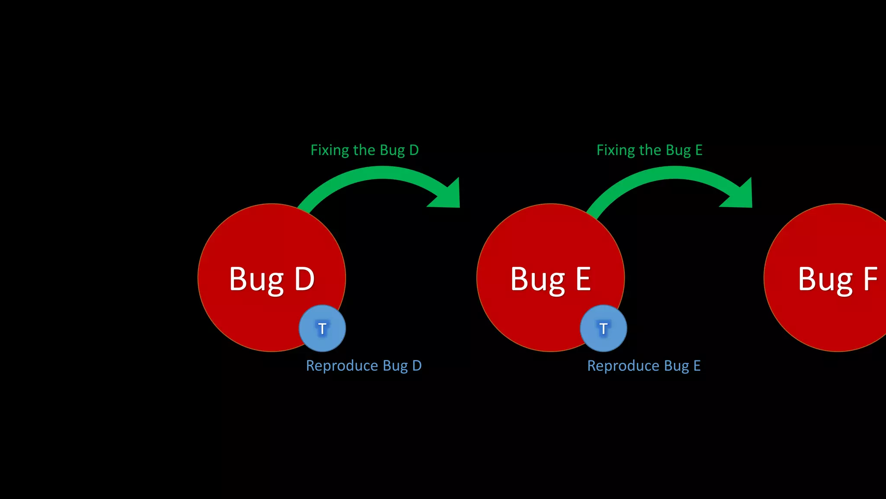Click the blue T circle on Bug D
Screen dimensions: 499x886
click(322, 328)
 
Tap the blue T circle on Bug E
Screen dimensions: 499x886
click(603, 328)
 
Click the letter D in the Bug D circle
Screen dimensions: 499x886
click(304, 279)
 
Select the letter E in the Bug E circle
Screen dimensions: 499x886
click(583, 279)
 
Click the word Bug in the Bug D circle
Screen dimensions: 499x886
click(256, 280)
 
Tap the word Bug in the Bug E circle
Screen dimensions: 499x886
click(537, 280)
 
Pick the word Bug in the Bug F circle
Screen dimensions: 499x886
click(825, 280)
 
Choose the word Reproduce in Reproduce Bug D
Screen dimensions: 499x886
click(342, 366)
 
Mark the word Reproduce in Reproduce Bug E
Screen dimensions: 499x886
click(623, 366)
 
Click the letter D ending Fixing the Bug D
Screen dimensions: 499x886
click(414, 150)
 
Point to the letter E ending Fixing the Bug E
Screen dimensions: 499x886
click(699, 150)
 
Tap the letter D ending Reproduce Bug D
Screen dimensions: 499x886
click(417, 366)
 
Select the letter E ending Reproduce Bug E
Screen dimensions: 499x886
click(697, 366)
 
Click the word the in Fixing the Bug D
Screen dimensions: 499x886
click(364, 150)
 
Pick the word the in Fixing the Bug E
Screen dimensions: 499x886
click(650, 150)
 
